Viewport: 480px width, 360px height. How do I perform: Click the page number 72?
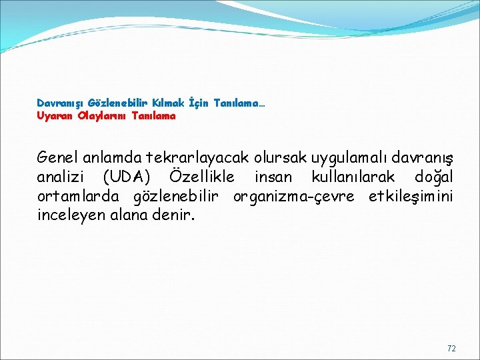[x=451, y=348]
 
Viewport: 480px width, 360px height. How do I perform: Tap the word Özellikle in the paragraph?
[x=202, y=177]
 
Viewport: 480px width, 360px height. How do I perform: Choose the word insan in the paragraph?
[x=273, y=177]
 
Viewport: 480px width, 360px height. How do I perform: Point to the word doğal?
[x=433, y=177]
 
